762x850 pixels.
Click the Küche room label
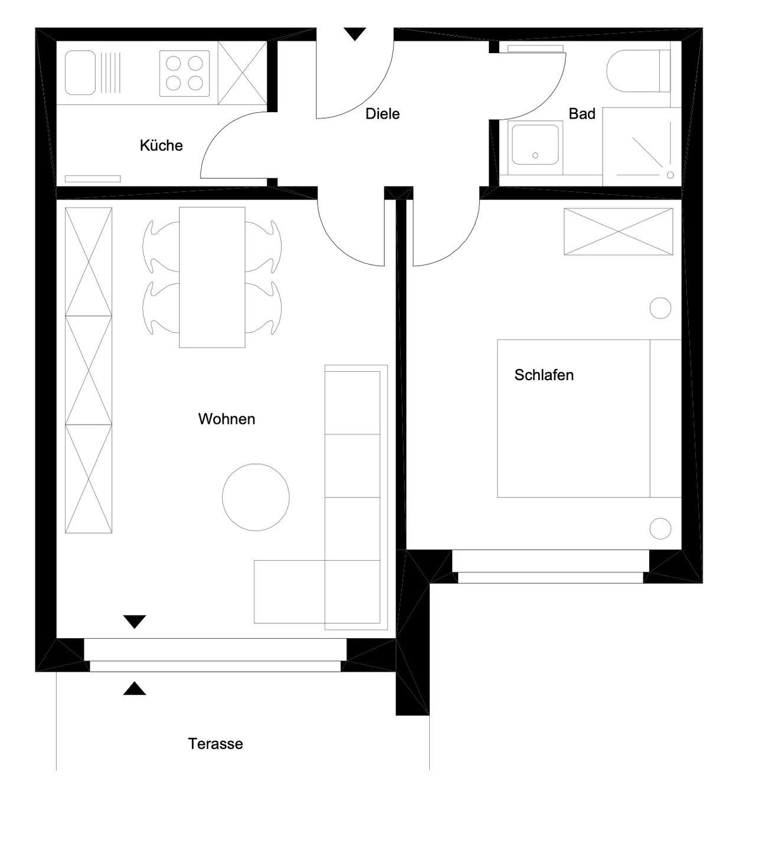[161, 146]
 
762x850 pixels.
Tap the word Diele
[382, 114]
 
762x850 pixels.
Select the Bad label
[581, 114]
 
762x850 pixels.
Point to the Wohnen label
[227, 419]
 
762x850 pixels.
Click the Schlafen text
[544, 375]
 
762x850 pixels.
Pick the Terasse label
[215, 744]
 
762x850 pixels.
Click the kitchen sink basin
[80, 73]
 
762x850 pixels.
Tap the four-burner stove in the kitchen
[185, 73]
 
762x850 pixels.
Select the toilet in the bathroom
[638, 71]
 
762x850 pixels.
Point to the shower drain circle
[670, 175]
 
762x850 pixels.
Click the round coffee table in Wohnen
[256, 497]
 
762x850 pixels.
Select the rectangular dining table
[212, 277]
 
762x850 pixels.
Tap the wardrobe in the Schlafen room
[618, 231]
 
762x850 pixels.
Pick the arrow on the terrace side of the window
[134, 688]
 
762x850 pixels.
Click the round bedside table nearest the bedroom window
[660, 529]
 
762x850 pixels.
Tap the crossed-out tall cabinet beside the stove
[243, 73]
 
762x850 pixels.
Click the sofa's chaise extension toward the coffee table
[290, 591]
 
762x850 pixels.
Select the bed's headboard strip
[665, 419]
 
